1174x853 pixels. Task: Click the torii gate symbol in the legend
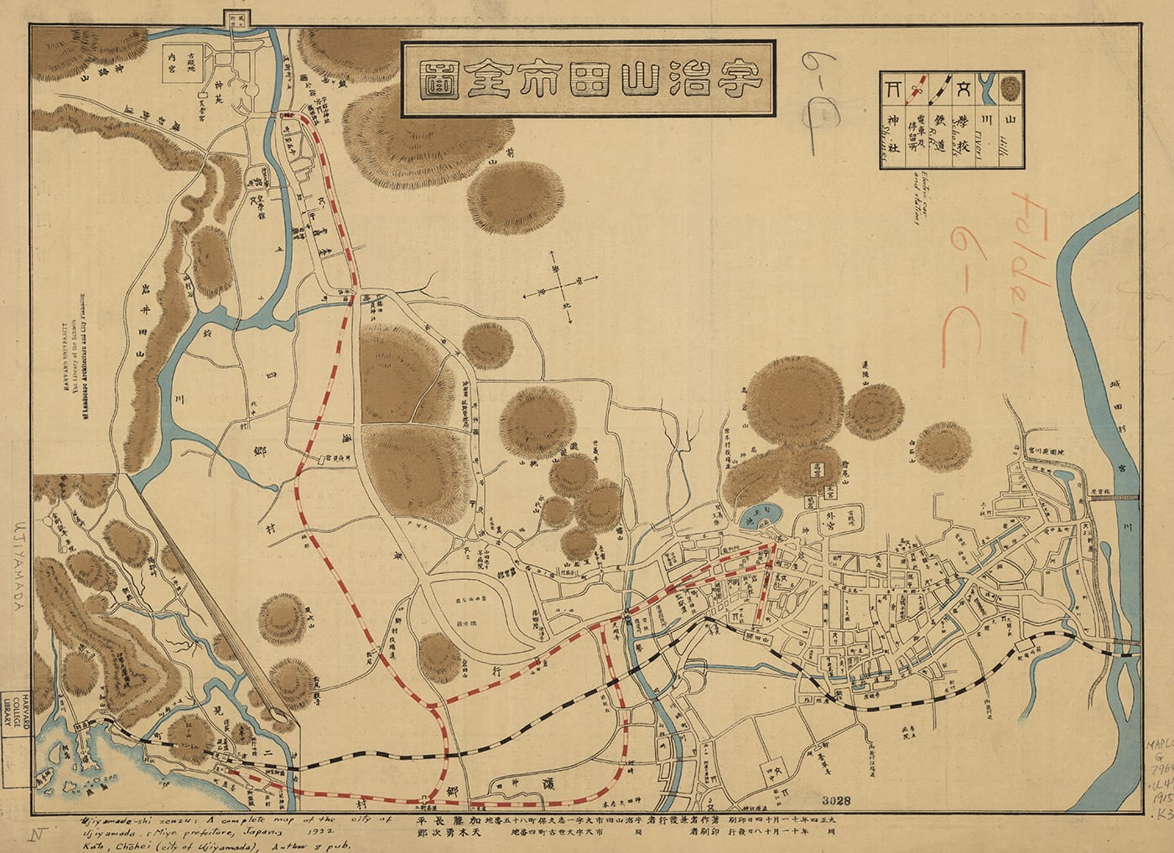[x=891, y=85]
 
